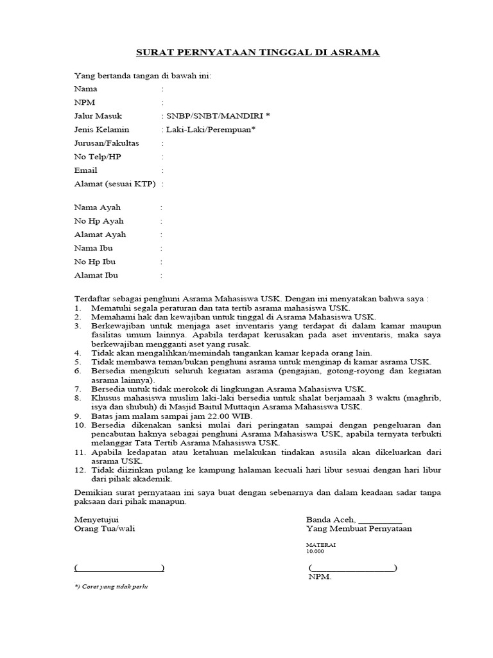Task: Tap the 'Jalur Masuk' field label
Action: coord(98,116)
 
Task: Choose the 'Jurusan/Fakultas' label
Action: coord(107,143)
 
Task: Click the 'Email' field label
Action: coord(86,170)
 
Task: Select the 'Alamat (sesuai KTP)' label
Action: coord(115,184)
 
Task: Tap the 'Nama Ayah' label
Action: coord(98,208)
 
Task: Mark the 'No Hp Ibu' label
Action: coord(95,262)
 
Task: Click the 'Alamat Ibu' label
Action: coord(96,275)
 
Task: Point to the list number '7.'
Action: coord(78,389)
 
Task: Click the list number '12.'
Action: coord(80,470)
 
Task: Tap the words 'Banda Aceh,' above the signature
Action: coord(330,519)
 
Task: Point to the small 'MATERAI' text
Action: coord(320,544)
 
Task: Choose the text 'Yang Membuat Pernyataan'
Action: coord(359,529)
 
